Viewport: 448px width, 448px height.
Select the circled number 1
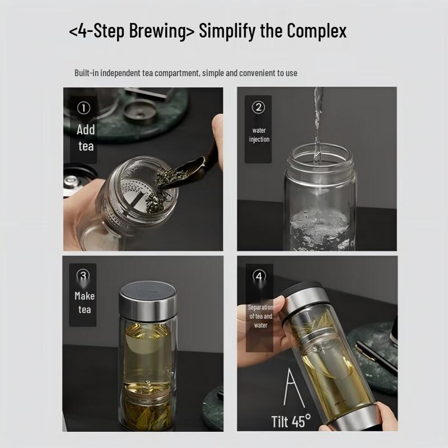(x=83, y=108)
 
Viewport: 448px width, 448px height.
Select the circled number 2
(x=258, y=108)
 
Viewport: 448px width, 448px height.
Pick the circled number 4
(x=259, y=276)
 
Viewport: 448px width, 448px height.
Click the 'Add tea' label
(x=86, y=138)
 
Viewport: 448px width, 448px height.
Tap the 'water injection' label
(x=259, y=135)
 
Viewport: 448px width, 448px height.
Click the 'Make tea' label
(x=85, y=302)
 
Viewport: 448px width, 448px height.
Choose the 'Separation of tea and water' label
(x=260, y=316)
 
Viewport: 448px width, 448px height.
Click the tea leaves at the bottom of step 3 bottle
(x=148, y=415)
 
